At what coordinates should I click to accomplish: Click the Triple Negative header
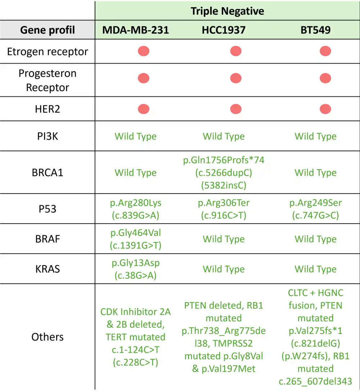pos(227,11)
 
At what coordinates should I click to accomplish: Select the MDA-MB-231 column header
pos(136,29)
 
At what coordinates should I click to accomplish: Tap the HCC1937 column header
pos(224,29)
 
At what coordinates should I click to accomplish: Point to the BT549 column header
pos(315,29)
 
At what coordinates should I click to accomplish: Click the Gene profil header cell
pos(48,29)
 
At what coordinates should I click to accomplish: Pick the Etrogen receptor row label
pos(48,51)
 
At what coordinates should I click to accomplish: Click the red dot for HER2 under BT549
pos(325,109)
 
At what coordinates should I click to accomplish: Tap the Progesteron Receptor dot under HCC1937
pos(236,78)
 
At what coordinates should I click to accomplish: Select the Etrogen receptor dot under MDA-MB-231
pos(144,51)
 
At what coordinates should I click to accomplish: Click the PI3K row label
pos(48,136)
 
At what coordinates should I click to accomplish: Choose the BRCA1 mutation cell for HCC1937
pos(224,173)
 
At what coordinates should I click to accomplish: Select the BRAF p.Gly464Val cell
pos(136,239)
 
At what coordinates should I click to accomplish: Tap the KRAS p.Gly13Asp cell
pos(136,269)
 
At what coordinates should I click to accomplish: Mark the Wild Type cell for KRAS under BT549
pos(315,269)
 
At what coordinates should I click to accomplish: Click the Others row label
pos(48,337)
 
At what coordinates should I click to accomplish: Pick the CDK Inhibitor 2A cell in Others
pos(136,337)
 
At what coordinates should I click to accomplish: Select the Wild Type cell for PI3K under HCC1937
pos(224,136)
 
